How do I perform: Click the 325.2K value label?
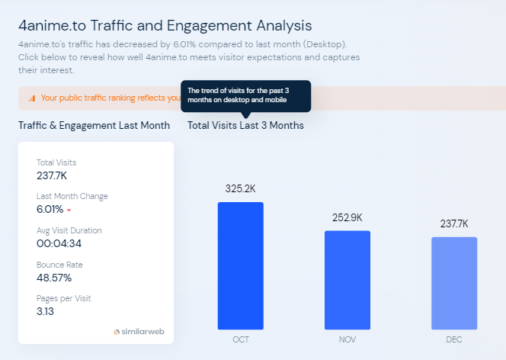coord(240,188)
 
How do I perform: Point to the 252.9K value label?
coord(347,217)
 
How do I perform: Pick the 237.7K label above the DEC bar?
coord(454,223)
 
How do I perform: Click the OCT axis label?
coord(241,339)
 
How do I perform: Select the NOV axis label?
coord(347,339)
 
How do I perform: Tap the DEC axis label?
coord(454,339)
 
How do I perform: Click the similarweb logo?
coord(139,332)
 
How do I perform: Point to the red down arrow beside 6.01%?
coord(69,210)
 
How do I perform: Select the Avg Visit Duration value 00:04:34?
coord(59,243)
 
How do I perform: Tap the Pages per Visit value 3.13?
coord(46,311)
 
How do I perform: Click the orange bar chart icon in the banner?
coord(31,98)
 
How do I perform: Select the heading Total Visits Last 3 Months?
coord(245,125)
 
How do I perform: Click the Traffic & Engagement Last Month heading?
coord(94,125)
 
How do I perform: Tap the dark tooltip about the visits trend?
coord(245,96)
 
